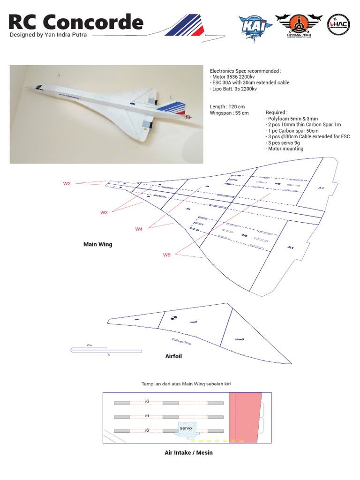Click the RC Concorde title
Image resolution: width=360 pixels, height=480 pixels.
76,22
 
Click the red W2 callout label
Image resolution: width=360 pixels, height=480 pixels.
67,184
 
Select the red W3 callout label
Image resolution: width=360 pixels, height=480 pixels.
104,212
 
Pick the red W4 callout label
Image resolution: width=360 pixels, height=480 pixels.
139,229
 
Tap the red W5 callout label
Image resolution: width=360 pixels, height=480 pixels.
167,255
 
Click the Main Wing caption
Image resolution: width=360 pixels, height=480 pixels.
97,244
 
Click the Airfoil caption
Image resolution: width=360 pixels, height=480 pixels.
173,356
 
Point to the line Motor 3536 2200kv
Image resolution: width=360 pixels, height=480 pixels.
233,77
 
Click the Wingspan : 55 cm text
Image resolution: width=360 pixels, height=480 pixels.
229,113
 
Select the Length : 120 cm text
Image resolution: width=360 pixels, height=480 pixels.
227,106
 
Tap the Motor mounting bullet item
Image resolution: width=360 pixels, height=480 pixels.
285,149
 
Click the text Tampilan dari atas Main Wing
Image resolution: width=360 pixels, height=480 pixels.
186,384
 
